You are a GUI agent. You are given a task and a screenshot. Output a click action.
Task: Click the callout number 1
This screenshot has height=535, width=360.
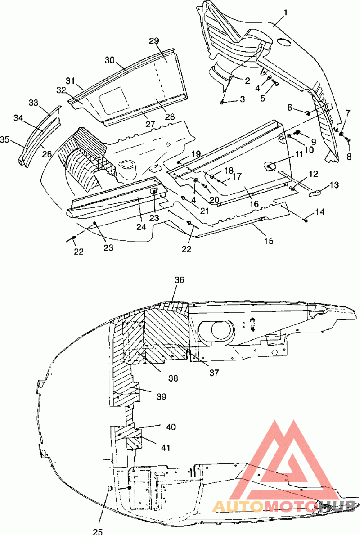point(286,13)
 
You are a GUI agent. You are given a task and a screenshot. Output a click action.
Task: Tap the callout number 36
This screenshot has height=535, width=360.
point(179,280)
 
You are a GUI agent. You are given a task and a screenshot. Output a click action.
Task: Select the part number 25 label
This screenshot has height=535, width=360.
point(98,531)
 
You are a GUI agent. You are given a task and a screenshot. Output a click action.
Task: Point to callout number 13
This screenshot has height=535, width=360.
point(334,185)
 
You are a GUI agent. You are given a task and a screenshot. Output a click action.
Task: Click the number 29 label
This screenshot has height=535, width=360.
point(154,41)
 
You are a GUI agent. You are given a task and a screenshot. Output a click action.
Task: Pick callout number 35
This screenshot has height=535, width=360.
point(5,139)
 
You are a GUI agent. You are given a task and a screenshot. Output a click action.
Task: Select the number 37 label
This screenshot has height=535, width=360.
point(214,373)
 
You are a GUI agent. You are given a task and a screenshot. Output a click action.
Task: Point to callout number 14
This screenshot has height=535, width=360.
point(320,212)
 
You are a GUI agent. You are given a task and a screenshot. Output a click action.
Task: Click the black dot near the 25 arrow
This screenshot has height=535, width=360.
point(129,488)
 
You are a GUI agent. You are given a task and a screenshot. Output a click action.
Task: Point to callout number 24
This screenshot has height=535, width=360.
point(141,227)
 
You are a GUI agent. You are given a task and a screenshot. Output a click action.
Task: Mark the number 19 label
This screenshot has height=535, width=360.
point(196,153)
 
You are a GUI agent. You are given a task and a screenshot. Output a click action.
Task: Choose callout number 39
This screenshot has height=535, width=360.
point(162,396)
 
